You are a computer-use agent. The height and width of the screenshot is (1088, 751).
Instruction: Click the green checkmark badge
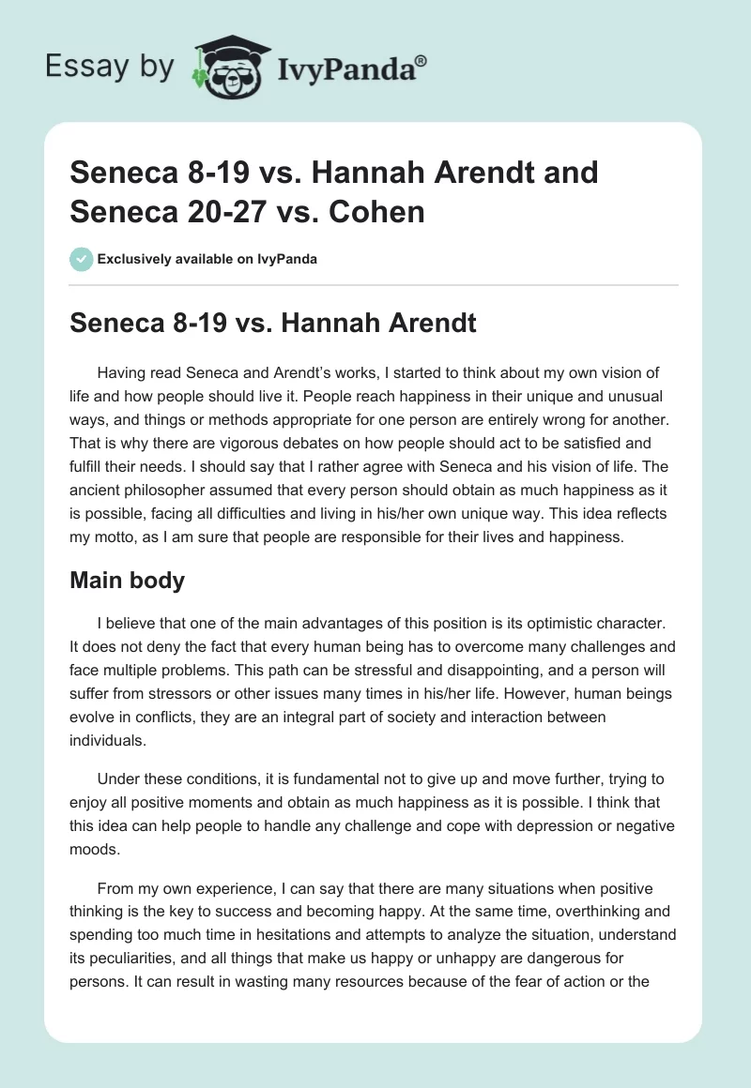pos(81,259)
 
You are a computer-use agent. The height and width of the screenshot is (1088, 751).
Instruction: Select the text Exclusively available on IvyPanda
pos(207,259)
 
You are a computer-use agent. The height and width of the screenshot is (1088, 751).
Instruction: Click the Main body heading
pos(127,581)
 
